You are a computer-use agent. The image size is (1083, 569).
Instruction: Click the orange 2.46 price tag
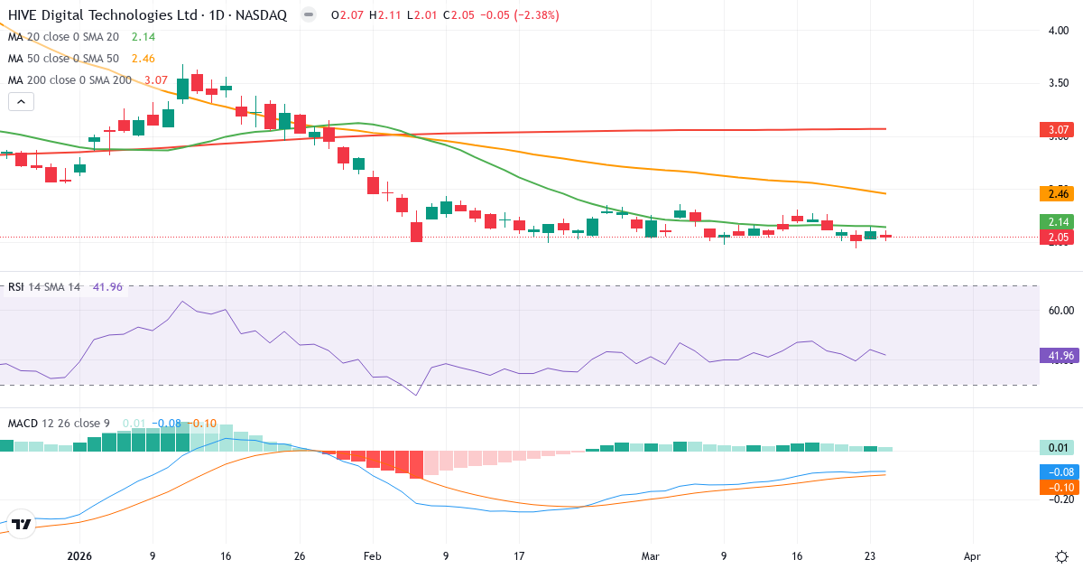tap(1059, 193)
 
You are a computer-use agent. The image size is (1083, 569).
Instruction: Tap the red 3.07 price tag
tap(1059, 130)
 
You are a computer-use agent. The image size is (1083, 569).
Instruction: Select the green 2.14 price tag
tap(1059, 221)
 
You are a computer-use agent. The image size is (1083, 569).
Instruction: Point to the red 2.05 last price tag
tap(1059, 238)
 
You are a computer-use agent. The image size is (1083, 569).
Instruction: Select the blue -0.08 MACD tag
tap(1059, 471)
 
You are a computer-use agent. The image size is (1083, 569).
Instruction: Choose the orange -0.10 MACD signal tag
tap(1059, 487)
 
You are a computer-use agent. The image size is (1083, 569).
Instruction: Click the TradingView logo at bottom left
tap(22, 524)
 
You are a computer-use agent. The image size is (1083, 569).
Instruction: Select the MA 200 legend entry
tap(69, 79)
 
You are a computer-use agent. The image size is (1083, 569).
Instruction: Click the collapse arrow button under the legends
tap(21, 101)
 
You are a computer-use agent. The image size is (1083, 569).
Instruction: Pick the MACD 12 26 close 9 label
tap(60, 424)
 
